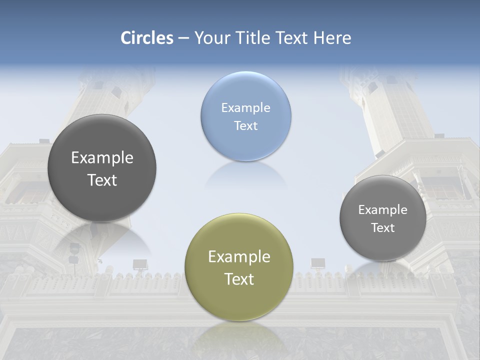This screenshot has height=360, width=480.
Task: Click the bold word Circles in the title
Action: tap(147, 38)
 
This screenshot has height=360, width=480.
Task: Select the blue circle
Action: tap(245, 116)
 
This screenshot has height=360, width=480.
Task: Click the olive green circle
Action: tap(238, 267)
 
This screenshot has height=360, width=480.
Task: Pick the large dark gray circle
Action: tap(102, 168)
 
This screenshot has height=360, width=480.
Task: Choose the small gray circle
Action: tap(382, 218)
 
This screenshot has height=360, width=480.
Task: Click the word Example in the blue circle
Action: tap(245, 107)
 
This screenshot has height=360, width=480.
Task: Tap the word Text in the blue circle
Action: tap(245, 125)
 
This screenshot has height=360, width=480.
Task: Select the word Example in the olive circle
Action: tap(239, 256)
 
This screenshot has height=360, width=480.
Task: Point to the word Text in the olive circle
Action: tap(239, 279)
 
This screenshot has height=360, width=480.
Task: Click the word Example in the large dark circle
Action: tap(102, 157)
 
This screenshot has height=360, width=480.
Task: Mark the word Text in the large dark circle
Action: tap(102, 180)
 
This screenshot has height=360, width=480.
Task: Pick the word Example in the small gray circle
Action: tap(382, 209)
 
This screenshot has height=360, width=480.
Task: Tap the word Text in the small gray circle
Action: tap(382, 227)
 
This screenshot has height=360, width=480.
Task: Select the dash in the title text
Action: tap(183, 38)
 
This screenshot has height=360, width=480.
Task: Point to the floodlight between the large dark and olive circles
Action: tap(139, 264)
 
